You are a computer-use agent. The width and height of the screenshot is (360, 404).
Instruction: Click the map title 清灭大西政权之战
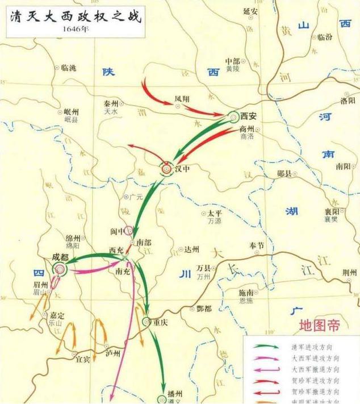point(75,16)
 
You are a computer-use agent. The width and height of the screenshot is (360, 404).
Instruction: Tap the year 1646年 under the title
point(76,31)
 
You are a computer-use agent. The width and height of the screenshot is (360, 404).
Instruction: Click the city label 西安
point(248,116)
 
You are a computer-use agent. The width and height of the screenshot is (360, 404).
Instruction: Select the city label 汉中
point(182,168)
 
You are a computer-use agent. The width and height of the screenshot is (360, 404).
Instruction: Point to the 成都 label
point(60,257)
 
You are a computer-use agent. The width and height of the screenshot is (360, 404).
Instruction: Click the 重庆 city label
point(161,322)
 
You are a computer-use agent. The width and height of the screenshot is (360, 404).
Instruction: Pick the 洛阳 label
point(348,101)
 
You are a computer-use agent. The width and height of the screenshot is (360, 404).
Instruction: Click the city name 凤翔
point(182,99)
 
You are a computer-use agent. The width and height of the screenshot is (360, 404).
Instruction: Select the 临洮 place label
point(72,67)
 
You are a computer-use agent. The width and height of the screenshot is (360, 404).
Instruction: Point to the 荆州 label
point(349,272)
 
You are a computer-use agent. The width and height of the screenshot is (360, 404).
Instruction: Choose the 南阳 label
point(344,167)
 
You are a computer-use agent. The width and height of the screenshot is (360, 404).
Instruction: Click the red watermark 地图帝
point(320,326)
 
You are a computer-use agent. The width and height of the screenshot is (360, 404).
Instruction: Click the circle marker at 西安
point(235,117)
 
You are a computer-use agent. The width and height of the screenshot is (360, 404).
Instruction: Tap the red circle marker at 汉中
point(166,168)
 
